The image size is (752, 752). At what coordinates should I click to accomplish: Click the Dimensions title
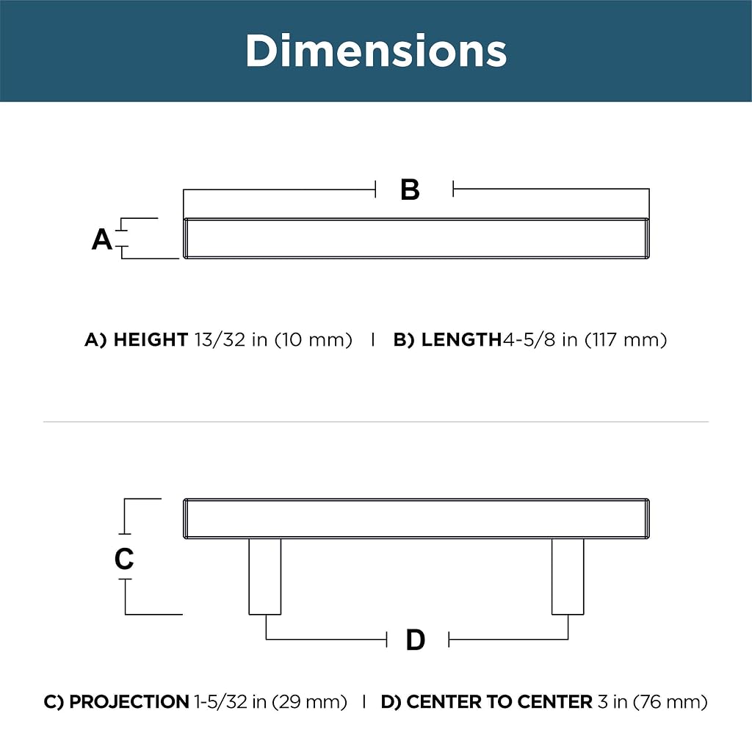coord(376,51)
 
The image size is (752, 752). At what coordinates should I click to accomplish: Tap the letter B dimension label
coord(410,189)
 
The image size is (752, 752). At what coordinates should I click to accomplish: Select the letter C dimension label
coord(123,558)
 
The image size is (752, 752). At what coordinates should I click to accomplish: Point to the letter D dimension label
coord(416,640)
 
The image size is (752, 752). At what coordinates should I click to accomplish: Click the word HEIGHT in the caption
coord(150,339)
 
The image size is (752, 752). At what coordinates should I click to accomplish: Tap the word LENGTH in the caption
coord(461,339)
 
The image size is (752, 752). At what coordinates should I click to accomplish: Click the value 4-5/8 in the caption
coord(529,339)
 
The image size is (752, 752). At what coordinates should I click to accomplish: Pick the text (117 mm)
coord(626,339)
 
